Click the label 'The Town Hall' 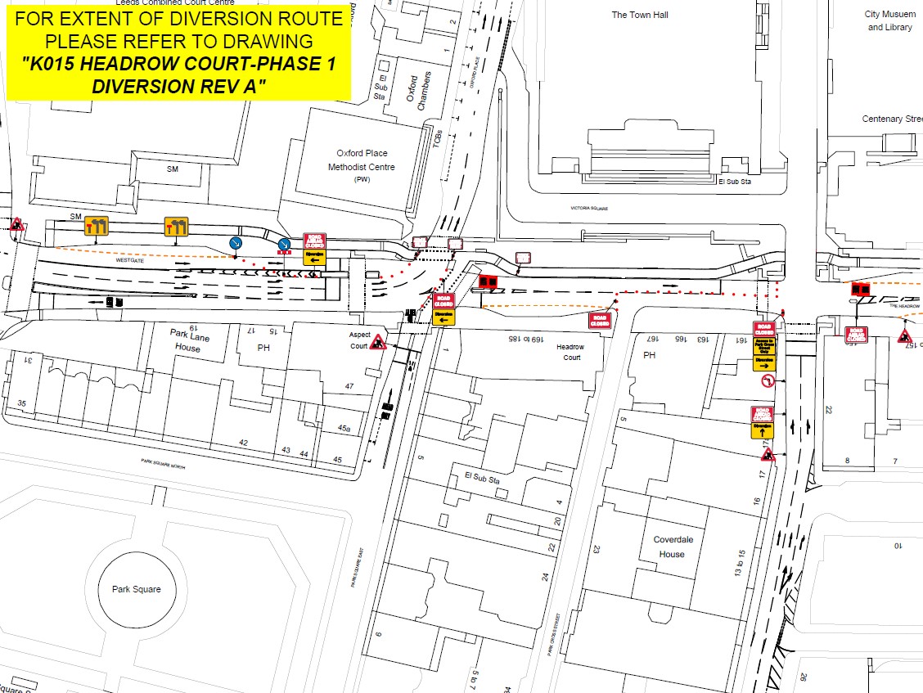click(x=640, y=15)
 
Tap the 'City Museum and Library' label click(x=888, y=20)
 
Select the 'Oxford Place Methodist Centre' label click(x=362, y=160)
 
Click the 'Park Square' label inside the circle click(x=137, y=589)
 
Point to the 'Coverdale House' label click(x=673, y=547)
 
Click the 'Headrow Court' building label click(x=570, y=352)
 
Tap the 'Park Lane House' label click(x=187, y=340)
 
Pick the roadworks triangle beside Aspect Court click(x=378, y=342)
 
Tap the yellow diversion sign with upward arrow click(x=763, y=429)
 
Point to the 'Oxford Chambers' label click(x=417, y=90)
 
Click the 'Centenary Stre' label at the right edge click(x=892, y=119)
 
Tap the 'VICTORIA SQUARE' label click(x=591, y=209)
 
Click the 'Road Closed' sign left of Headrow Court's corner click(x=600, y=320)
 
